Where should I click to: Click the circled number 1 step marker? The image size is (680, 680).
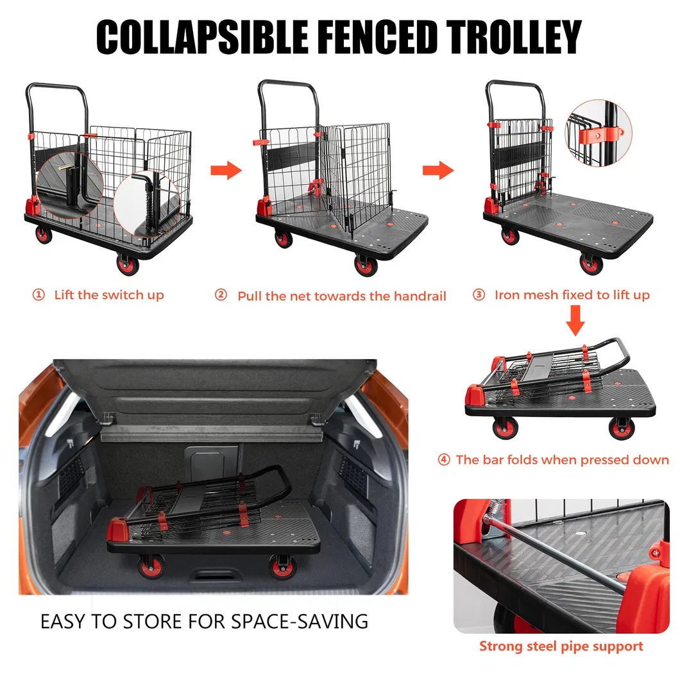(39, 295)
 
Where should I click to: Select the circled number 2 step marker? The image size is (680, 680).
(221, 296)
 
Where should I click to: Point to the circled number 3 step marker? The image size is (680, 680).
(479, 295)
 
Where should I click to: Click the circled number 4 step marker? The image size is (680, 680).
(444, 460)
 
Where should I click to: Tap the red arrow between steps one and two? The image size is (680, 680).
(226, 171)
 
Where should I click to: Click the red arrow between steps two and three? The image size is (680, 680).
(438, 171)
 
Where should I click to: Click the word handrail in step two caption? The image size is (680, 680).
(420, 296)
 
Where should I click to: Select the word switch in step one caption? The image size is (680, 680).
(126, 295)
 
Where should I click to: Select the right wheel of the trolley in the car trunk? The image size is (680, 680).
(282, 568)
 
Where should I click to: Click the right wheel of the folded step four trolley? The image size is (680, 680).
(620, 428)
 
